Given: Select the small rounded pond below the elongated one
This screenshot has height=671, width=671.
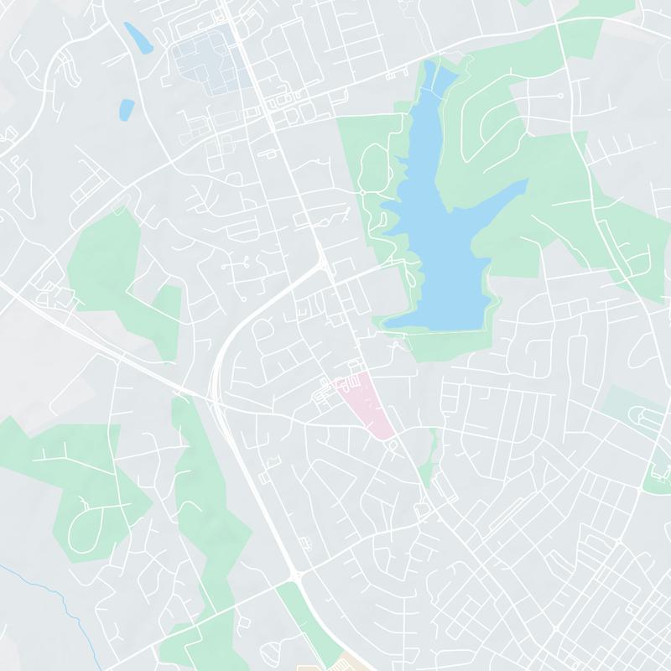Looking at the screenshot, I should (126, 108).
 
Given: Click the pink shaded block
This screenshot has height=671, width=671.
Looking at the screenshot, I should (367, 403).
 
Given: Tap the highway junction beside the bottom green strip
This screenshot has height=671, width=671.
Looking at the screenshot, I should (296, 576).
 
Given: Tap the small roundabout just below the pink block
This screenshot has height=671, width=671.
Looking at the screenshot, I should (392, 445).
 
